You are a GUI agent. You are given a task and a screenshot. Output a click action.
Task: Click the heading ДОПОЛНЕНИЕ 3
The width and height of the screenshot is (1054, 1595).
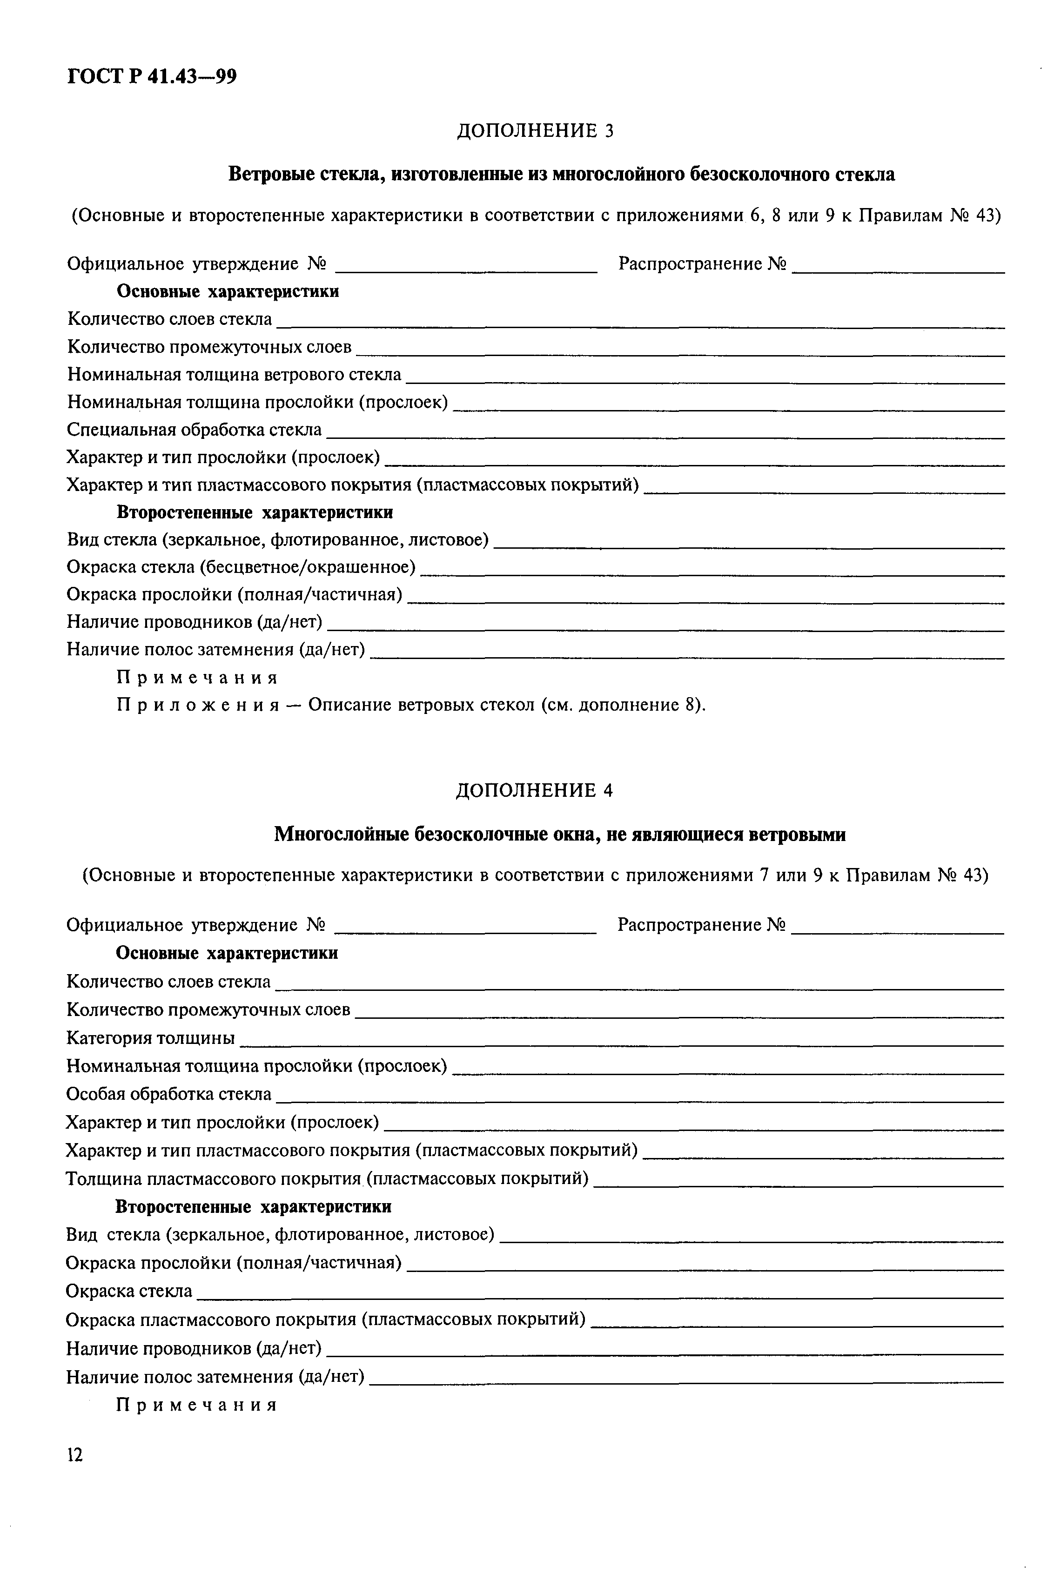[535, 130]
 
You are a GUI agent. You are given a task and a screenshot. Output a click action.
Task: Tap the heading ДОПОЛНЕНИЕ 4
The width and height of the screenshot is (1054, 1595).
[534, 790]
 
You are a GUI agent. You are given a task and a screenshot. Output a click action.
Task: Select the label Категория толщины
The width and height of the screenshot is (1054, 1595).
[151, 1038]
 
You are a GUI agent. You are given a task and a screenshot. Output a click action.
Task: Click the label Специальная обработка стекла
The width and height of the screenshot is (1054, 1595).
[194, 430]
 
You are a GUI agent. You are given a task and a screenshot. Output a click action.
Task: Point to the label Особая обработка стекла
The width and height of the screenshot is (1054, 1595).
[169, 1094]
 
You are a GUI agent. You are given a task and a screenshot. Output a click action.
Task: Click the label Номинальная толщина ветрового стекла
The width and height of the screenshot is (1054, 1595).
[235, 374]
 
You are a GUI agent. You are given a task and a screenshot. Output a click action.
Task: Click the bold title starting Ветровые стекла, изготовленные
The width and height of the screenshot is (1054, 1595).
[562, 175]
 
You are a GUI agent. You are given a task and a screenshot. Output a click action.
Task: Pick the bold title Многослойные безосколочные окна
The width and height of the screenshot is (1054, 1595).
[560, 835]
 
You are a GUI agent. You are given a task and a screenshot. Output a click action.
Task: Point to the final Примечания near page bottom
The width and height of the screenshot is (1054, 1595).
[197, 1406]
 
